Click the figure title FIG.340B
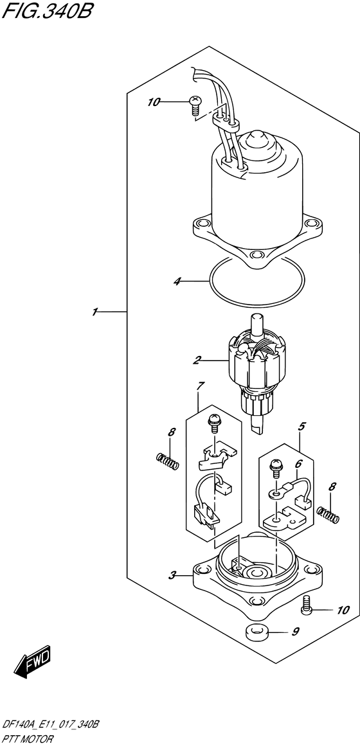pos(46,10)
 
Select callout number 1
pos(95,312)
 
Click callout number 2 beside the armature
pos(196,361)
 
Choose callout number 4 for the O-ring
pos(177,282)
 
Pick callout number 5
pos(301,427)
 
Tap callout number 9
pos(296,632)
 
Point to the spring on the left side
pos(168,460)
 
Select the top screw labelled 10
pos(195,105)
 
